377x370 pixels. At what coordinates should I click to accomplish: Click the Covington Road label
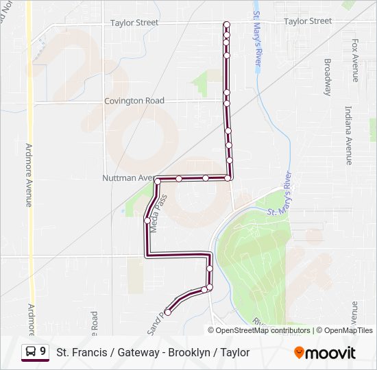[134, 101]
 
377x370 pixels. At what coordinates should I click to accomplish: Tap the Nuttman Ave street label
[129, 177]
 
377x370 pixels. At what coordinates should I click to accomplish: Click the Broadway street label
[328, 77]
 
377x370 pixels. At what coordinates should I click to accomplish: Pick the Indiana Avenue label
[349, 135]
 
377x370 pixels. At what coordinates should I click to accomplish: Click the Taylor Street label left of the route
[134, 23]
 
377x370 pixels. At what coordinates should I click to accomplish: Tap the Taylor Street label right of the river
[308, 21]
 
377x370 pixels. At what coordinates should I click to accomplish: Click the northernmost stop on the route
[226, 25]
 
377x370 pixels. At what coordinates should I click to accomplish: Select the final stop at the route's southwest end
[168, 312]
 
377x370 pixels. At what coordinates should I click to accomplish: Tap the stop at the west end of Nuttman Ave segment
[158, 181]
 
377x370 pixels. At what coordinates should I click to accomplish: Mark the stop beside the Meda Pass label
[147, 221]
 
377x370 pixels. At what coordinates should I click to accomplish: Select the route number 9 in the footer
[43, 351]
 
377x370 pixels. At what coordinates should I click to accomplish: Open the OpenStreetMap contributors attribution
[263, 330]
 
